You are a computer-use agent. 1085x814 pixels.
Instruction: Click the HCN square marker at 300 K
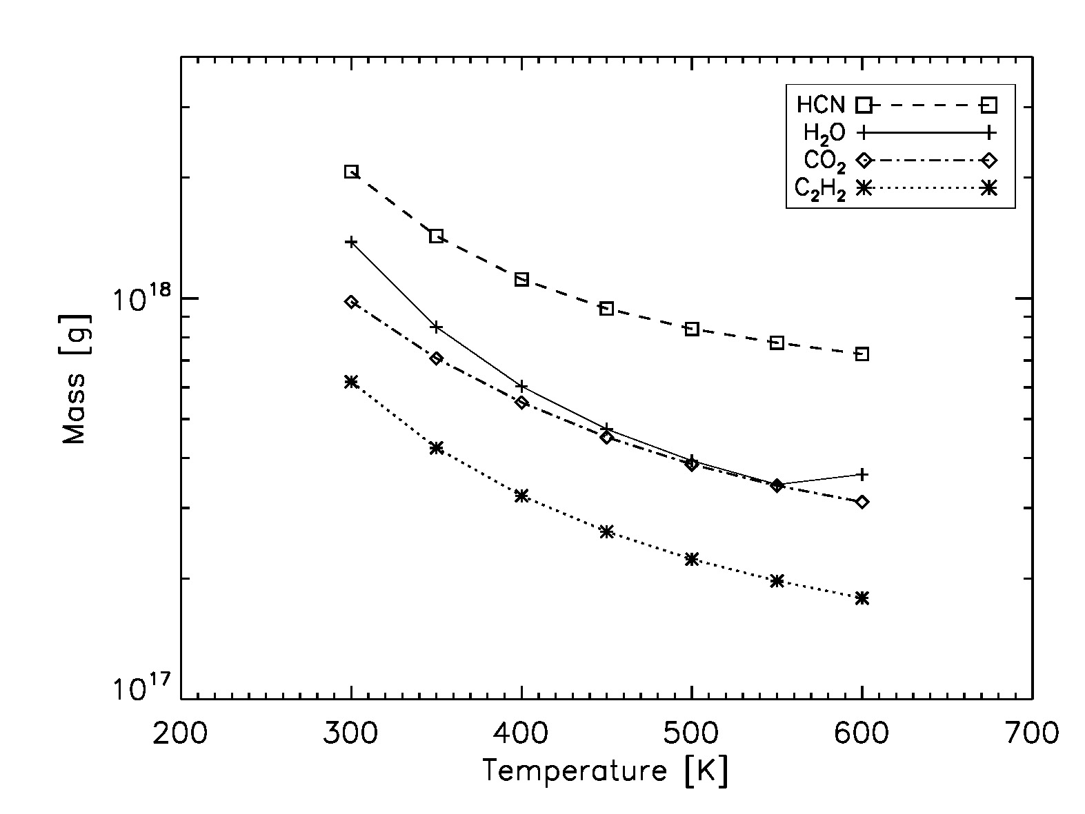[351, 172]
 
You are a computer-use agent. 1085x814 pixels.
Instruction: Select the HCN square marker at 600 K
[862, 354]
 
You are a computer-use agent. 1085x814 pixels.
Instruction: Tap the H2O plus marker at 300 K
[351, 242]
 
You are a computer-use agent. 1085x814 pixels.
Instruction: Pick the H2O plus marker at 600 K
[862, 474]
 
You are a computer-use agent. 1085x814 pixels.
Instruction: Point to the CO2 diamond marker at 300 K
[351, 302]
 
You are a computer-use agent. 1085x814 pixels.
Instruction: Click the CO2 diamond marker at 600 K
[862, 502]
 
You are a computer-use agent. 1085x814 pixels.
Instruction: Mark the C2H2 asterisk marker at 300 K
[351, 381]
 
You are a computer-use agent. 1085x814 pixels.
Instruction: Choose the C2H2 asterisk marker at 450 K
[606, 531]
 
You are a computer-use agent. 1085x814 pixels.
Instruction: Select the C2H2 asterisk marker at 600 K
[862, 598]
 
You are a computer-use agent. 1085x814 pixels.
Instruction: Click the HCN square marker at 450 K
[606, 308]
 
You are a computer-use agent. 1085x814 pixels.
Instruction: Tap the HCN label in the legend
[819, 105]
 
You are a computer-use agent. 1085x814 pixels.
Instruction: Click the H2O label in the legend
[823, 132]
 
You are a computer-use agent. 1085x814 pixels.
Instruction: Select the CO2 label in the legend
[824, 161]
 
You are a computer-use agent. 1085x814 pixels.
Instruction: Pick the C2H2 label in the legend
[819, 188]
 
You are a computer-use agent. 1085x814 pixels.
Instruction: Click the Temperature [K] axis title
[605, 771]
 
